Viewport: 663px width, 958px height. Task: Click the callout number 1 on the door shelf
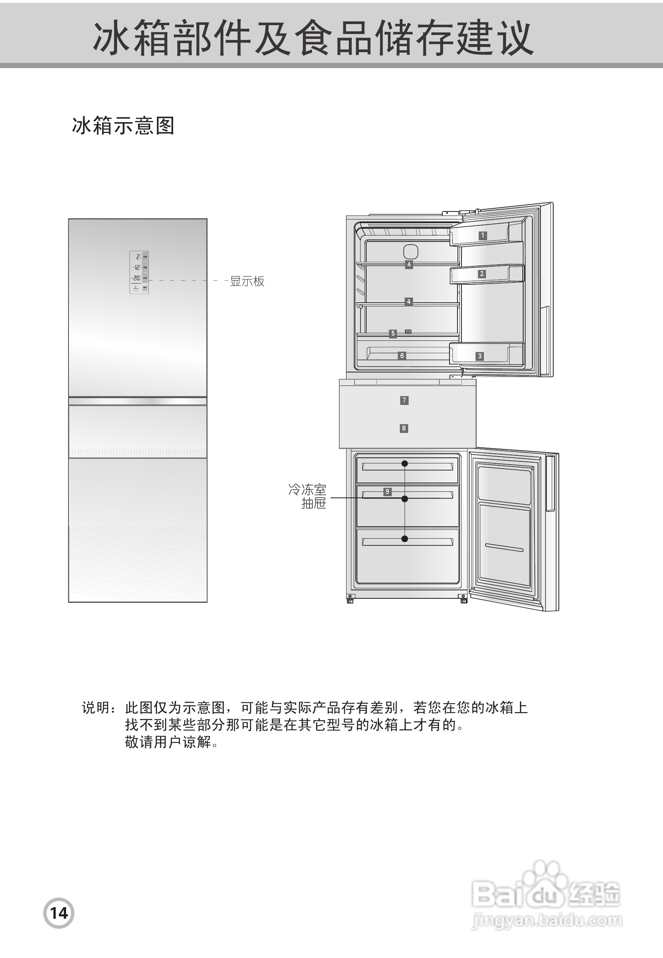point(482,235)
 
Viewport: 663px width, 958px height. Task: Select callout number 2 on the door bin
point(482,274)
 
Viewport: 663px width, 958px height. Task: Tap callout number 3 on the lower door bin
point(480,356)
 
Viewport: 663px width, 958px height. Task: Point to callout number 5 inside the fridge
point(393,334)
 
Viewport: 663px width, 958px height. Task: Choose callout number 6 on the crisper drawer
point(402,356)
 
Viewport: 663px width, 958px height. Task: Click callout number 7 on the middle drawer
point(404,401)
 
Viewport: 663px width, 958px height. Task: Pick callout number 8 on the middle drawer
point(404,428)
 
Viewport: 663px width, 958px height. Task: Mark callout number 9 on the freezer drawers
point(387,492)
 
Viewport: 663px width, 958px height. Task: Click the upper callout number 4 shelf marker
point(409,264)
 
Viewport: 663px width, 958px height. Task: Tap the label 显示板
point(247,282)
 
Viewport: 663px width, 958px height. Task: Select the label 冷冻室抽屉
point(308,496)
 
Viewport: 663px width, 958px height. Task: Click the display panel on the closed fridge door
point(139,272)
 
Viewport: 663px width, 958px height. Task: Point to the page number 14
point(58,913)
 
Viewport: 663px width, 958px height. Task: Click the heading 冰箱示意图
point(123,126)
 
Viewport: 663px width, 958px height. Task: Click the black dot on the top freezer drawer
point(405,463)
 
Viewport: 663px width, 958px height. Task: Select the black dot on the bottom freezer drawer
point(405,539)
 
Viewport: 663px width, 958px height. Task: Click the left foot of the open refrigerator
point(350,600)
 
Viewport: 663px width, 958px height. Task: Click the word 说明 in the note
point(96,708)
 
